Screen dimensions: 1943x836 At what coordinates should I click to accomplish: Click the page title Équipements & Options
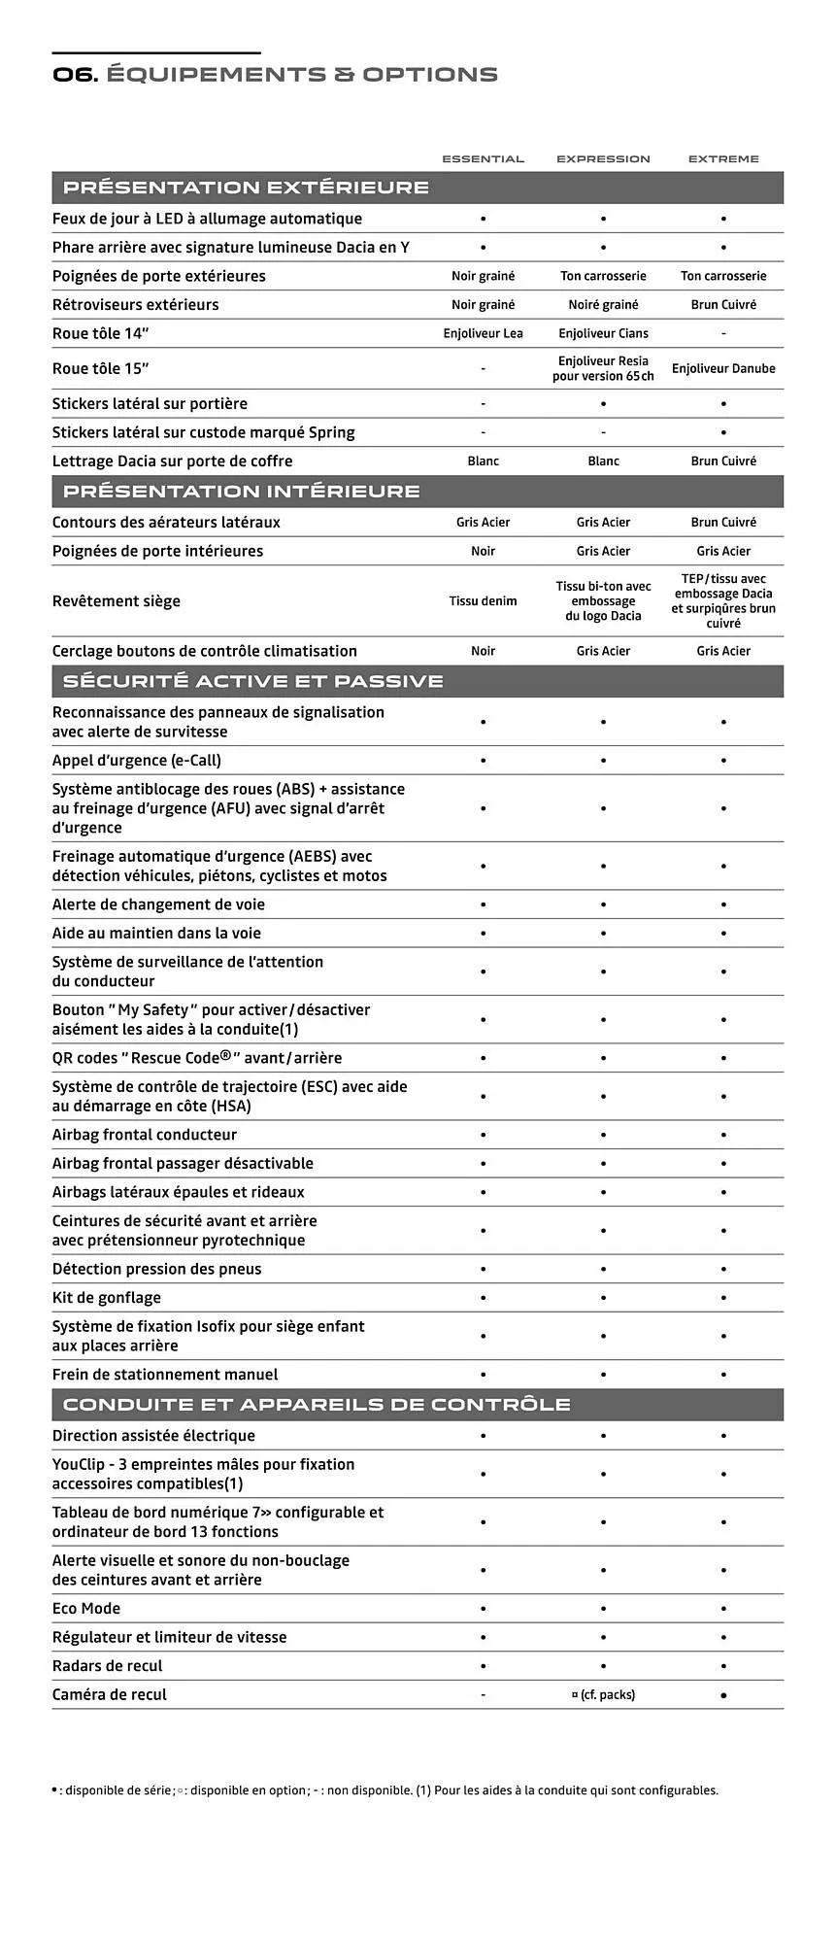pos(275,75)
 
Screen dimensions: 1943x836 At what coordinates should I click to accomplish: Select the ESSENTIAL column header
pos(483,158)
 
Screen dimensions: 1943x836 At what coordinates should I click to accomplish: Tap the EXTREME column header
pos(723,158)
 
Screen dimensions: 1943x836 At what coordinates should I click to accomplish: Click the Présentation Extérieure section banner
pos(246,187)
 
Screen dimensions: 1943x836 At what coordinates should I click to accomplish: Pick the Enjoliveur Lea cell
pos(483,333)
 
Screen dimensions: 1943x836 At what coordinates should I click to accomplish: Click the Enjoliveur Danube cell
pos(723,368)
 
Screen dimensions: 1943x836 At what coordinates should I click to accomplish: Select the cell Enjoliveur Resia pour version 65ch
pos(603,368)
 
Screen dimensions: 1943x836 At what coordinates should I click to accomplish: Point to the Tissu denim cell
pos(483,600)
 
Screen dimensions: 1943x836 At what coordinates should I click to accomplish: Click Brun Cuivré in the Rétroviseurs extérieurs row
pos(723,304)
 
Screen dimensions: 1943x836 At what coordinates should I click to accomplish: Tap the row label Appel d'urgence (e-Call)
pos(137,760)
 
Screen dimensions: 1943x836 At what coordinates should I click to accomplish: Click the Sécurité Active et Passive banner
pos(252,681)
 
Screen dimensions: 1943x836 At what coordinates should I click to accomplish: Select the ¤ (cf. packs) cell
pos(603,1694)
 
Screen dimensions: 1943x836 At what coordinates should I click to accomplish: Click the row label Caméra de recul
pos(110,1694)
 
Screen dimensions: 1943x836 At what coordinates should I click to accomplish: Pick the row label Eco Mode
pos(86,1608)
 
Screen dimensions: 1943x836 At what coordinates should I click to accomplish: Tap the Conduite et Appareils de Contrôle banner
pos(317,1404)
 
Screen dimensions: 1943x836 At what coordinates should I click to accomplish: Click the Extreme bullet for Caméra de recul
pos(723,1694)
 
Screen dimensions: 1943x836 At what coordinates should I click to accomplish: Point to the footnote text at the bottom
pos(385,1790)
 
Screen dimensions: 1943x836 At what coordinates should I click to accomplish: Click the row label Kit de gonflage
pos(107,1297)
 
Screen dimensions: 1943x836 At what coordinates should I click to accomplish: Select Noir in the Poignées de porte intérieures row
pos(483,551)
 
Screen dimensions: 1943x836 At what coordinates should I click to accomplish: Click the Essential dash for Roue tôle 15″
pos(483,369)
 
